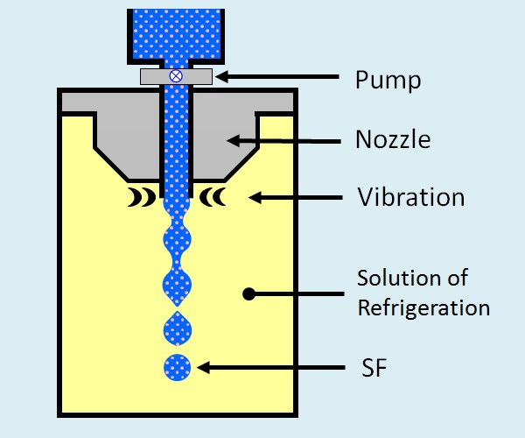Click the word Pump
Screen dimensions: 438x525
tap(388, 80)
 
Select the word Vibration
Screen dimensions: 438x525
tap(409, 196)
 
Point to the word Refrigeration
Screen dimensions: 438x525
tap(423, 307)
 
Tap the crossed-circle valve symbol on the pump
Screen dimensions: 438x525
tap(175, 76)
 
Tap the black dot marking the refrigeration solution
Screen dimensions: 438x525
tap(248, 294)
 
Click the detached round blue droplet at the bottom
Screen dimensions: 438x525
tap(176, 368)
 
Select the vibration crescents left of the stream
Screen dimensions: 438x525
tap(139, 198)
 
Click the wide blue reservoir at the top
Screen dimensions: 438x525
tap(175, 31)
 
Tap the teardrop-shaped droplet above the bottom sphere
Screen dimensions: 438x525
tap(176, 328)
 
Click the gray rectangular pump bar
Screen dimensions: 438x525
tap(198, 76)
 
